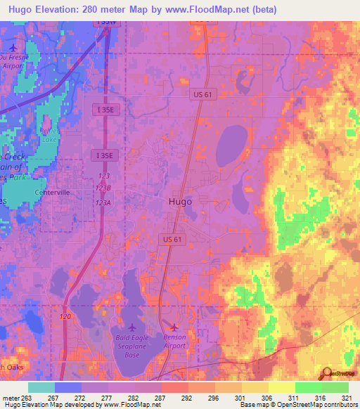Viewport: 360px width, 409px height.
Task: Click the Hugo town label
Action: pyautogui.click(x=180, y=201)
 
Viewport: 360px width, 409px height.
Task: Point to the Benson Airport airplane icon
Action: pyautogui.click(x=174, y=327)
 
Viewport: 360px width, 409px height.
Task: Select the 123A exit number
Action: pyautogui.click(x=103, y=202)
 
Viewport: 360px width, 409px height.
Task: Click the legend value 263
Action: pyautogui.click(x=27, y=397)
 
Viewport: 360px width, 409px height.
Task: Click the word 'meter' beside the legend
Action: pyautogui.click(x=9, y=397)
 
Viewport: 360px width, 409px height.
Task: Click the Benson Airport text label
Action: pyautogui.click(x=174, y=342)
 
